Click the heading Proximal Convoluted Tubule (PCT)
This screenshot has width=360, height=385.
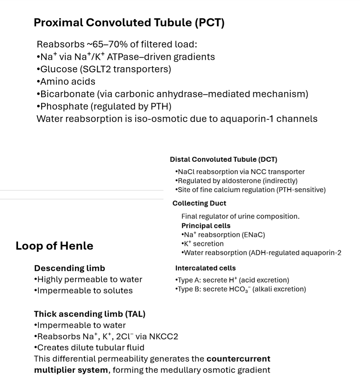129,23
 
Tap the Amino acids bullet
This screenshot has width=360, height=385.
66,81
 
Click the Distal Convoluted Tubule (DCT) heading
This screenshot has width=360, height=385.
223,159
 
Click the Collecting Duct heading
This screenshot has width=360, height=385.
199,203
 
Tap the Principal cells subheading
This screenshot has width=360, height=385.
206,225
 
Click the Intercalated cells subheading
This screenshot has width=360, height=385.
205,268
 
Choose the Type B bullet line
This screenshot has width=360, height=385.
241,289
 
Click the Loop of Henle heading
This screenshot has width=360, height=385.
54,246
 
